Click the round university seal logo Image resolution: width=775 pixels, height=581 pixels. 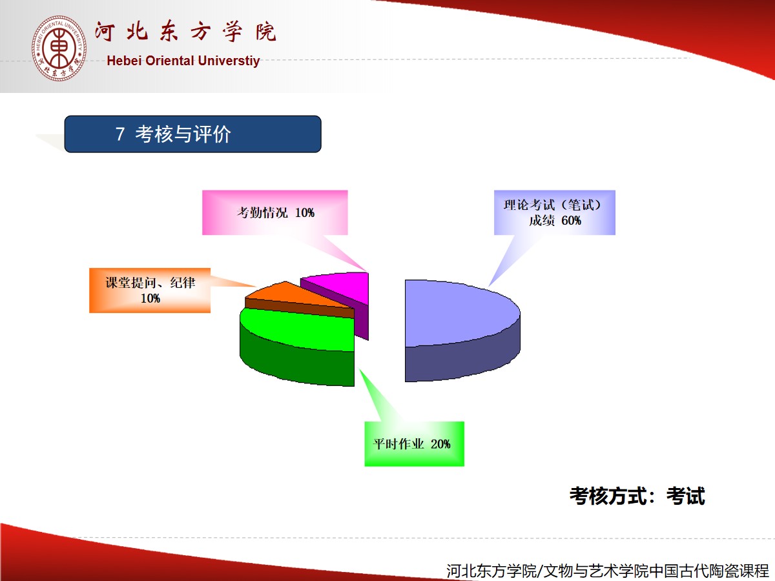[59, 48]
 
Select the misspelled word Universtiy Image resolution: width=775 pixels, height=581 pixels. [229, 61]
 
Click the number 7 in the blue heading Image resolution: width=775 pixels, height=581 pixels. [120, 134]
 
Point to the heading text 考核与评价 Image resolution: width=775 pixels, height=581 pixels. [183, 134]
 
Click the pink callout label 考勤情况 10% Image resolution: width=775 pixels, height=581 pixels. [274, 213]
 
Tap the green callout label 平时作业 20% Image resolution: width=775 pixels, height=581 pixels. [414, 443]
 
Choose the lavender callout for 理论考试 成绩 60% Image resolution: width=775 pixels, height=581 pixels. [554, 213]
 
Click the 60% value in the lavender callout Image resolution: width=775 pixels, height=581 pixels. [571, 221]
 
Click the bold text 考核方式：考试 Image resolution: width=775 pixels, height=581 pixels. [637, 496]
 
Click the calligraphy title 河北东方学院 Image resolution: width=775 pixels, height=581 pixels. [185, 32]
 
